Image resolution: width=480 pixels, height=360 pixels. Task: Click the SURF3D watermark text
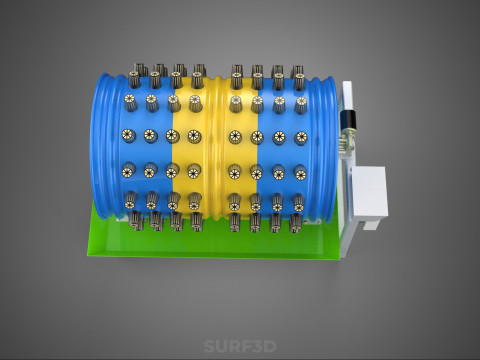240,346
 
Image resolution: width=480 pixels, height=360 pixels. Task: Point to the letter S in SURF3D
209,346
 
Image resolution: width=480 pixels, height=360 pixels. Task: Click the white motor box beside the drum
370,192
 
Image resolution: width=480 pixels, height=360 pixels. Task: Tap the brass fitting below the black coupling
347,140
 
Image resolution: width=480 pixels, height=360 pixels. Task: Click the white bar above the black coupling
347,96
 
